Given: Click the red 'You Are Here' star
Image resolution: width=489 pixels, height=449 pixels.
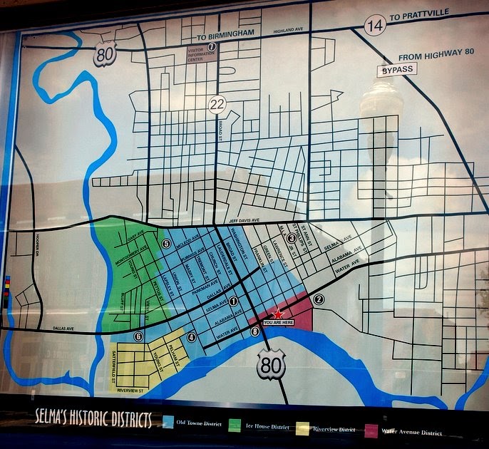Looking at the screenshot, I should (x=278, y=314).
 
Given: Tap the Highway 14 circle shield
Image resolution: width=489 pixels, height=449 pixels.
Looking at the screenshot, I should (x=375, y=26).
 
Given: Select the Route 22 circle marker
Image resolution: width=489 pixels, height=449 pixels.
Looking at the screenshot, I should (x=217, y=104).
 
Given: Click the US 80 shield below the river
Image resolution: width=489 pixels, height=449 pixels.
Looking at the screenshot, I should (x=271, y=365).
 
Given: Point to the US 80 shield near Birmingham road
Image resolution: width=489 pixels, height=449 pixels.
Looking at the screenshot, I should (x=104, y=54).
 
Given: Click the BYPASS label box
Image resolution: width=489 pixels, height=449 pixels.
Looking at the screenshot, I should (x=396, y=71).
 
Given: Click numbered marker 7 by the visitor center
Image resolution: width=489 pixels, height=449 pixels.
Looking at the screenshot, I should (x=212, y=47).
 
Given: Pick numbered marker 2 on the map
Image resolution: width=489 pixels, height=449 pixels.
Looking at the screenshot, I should (x=319, y=299).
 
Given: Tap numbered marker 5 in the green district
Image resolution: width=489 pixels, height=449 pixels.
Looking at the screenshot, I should (x=166, y=244).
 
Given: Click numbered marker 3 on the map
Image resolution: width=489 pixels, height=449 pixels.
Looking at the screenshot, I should (x=291, y=238).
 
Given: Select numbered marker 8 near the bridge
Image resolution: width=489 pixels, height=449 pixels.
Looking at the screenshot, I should (x=255, y=331).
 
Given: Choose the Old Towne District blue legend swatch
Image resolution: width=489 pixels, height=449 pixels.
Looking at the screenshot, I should (x=168, y=423).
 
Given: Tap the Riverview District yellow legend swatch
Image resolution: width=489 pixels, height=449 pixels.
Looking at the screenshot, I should (x=302, y=428).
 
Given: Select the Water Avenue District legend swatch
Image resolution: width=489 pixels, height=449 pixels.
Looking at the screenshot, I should (x=371, y=430).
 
